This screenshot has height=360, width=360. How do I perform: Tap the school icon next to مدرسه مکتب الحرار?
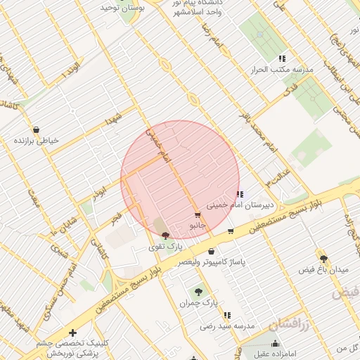tap(282, 59)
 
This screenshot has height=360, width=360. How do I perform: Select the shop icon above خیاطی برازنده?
tap(37, 129)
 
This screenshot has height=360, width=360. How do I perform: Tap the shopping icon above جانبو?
tap(198, 214)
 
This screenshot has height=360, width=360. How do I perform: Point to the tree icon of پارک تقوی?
tap(165, 236)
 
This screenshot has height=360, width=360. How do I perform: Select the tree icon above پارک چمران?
tap(199, 291)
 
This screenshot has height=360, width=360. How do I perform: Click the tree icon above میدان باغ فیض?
tap(323, 259)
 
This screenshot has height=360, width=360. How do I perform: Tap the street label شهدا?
tap(114, 117)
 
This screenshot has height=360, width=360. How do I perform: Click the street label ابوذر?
tap(101, 191)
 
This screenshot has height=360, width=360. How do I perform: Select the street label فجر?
tap(115, 219)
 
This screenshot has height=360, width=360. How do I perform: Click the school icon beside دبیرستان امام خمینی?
tap(240, 195)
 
